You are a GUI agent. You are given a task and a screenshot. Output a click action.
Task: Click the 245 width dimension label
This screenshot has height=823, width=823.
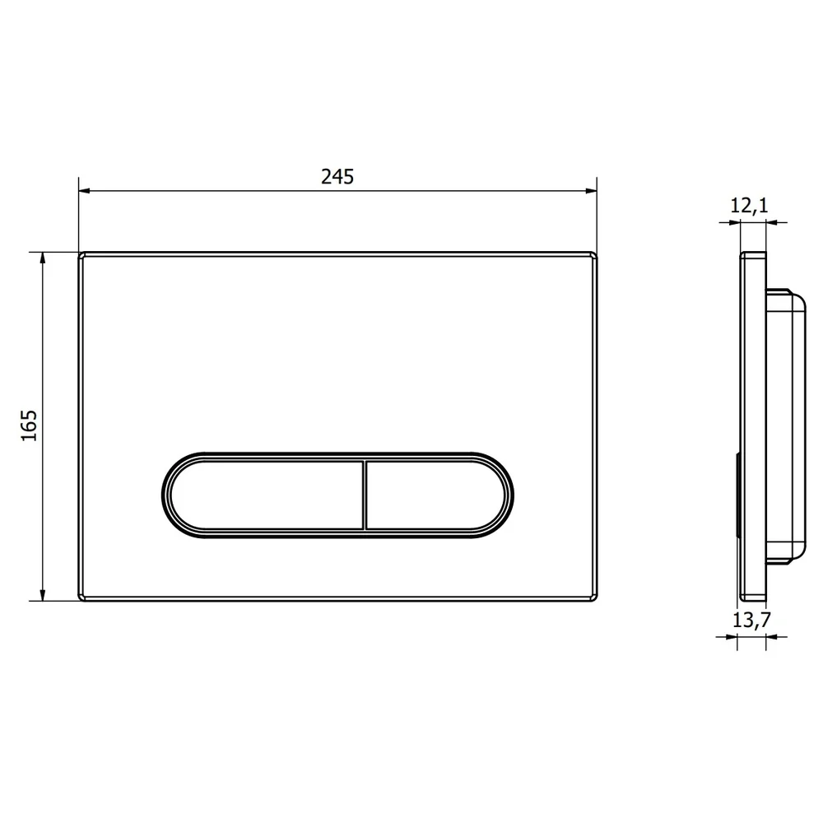click(337, 177)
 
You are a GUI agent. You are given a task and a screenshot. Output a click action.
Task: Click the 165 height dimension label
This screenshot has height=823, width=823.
click(29, 425)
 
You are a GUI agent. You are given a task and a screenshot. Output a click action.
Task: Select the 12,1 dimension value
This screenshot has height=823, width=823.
click(749, 205)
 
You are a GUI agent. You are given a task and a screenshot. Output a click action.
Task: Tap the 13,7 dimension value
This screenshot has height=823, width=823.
click(751, 620)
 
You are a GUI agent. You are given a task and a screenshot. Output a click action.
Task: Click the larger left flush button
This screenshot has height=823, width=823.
click(267, 495)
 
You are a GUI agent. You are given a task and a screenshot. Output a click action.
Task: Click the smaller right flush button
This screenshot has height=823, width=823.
click(435, 495)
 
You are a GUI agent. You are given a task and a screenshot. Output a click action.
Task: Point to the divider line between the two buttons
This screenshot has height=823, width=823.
click(365, 495)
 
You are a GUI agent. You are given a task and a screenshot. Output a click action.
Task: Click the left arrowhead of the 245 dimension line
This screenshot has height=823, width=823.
click(85, 191)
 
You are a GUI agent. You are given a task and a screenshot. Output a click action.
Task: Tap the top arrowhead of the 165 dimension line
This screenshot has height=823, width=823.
click(43, 258)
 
